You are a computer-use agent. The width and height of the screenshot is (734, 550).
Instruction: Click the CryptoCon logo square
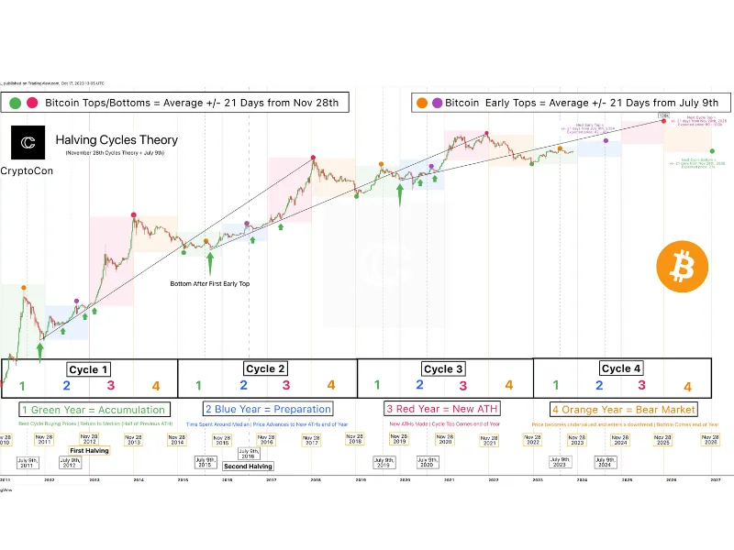tap(28, 143)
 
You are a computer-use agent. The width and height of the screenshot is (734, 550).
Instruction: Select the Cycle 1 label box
tap(89, 369)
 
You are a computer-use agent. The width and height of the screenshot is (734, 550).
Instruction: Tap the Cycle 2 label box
tap(266, 368)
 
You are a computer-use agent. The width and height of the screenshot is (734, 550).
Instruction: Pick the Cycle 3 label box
tap(444, 368)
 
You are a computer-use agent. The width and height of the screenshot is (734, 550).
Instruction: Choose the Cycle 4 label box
tap(621, 368)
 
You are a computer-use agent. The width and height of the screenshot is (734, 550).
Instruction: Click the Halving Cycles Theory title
tap(117, 140)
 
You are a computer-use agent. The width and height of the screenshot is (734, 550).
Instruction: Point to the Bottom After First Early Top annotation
tap(210, 283)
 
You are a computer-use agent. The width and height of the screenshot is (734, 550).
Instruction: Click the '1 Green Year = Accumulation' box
tap(93, 410)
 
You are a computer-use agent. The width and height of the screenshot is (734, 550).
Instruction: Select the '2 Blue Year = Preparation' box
tap(266, 409)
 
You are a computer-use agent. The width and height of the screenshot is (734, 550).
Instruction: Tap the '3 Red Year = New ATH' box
tap(443, 409)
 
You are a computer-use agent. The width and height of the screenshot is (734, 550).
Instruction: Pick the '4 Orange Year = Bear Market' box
tap(623, 409)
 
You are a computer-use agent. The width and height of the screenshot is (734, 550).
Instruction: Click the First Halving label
tap(91, 451)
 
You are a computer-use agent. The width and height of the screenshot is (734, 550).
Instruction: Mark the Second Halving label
tap(248, 466)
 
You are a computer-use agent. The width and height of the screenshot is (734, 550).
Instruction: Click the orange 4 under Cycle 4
tap(687, 388)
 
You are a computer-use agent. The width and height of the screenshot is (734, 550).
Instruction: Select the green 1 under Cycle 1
tap(23, 386)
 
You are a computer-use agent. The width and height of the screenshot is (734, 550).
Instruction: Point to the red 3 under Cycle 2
tap(285, 385)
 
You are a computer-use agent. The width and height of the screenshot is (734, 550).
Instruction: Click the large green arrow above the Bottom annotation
tap(210, 263)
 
